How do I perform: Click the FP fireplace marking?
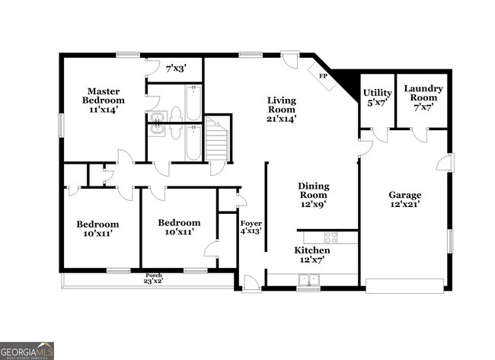[323, 77]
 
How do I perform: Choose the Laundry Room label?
[423, 97]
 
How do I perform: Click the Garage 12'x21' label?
[404, 199]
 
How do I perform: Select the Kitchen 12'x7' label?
[312, 255]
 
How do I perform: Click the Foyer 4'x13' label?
[251, 225]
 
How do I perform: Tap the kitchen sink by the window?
[308, 280]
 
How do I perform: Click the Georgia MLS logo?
[27, 351]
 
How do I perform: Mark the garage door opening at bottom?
[404, 286]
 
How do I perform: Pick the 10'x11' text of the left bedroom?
[97, 234]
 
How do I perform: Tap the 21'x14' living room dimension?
[281, 118]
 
